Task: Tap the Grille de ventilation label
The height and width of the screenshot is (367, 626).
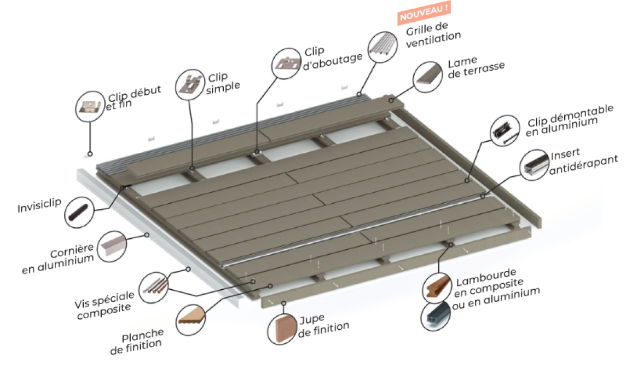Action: click(x=433, y=33)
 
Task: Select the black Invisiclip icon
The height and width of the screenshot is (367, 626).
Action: click(x=80, y=213)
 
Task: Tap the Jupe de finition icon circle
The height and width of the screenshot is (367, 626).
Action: click(x=283, y=330)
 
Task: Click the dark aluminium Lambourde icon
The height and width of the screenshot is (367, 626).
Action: click(x=436, y=315)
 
